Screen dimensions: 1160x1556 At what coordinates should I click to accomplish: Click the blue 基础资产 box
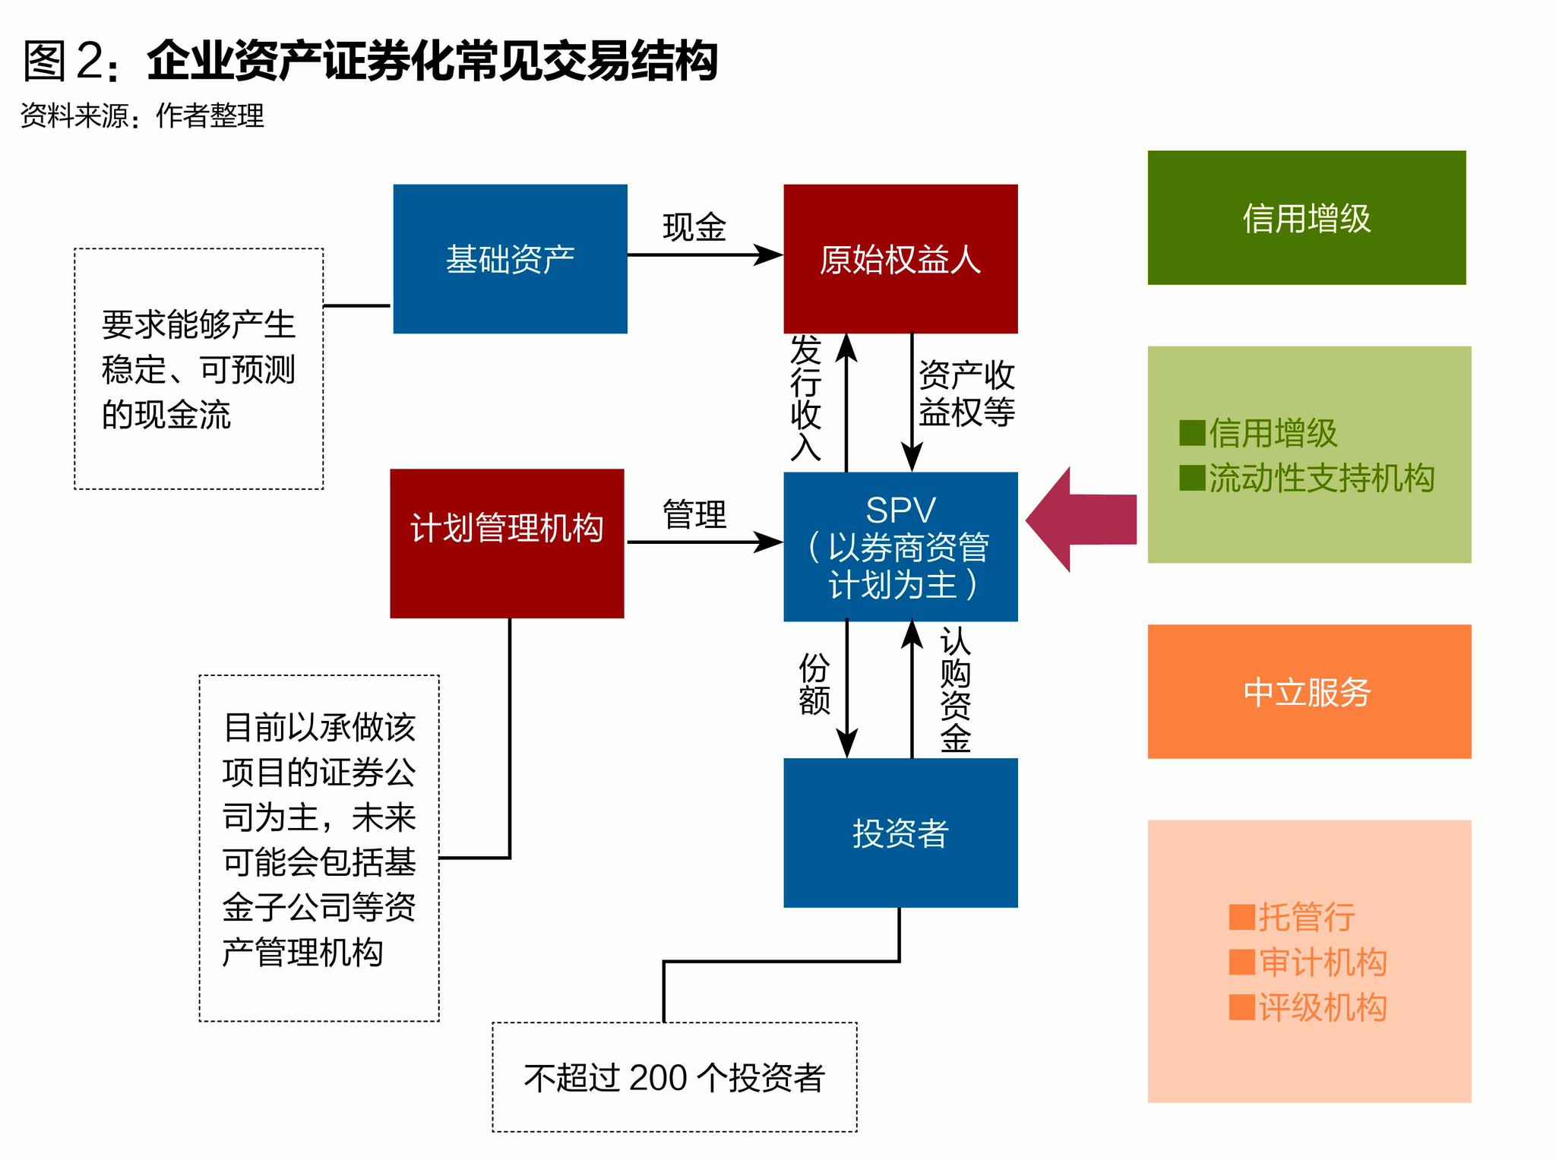[510, 258]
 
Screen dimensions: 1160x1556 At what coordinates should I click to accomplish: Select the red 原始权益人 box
[900, 258]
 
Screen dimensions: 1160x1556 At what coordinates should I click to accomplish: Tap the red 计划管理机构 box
[507, 543]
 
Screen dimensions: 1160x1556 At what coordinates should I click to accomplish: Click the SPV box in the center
[900, 547]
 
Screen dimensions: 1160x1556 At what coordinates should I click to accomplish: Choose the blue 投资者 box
[900, 833]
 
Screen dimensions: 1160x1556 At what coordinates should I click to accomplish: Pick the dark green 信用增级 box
[1306, 218]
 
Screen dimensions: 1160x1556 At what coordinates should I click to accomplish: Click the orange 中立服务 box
[1308, 691]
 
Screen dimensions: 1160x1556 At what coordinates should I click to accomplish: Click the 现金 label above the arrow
[694, 227]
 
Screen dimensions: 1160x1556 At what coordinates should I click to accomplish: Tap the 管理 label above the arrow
[694, 514]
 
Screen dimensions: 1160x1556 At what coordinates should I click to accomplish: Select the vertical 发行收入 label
[806, 398]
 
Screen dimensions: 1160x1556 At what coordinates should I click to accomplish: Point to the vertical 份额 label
[814, 684]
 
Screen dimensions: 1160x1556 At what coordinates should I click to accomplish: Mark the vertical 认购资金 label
[955, 690]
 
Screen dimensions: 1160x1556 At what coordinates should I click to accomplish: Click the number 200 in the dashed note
[658, 1078]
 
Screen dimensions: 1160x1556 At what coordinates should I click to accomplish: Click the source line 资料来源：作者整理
[142, 116]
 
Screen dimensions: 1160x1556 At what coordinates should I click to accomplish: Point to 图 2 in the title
[64, 61]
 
